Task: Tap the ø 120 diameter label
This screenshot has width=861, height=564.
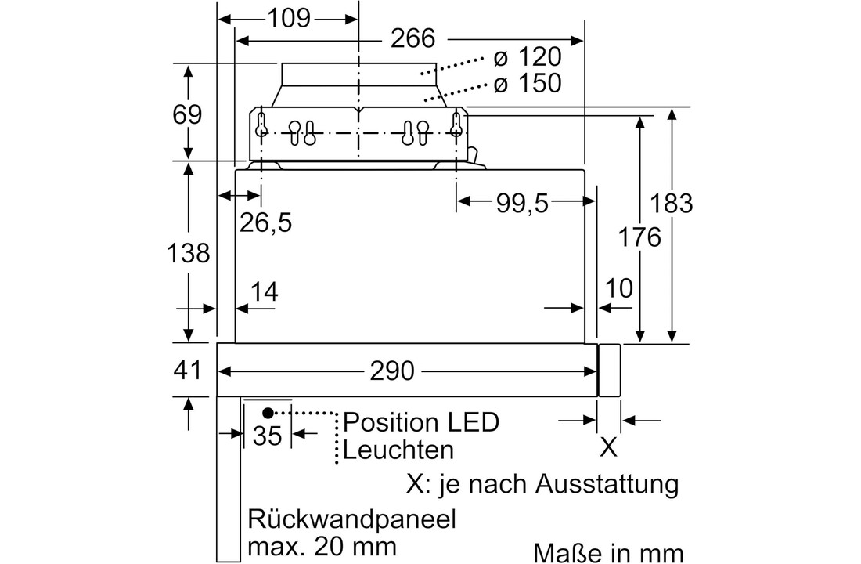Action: [x=528, y=57]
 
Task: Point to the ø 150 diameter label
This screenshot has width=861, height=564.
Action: [x=528, y=82]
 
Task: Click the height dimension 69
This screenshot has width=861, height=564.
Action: [x=187, y=114]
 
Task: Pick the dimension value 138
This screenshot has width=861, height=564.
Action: [x=188, y=253]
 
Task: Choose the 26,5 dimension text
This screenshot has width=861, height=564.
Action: [x=265, y=223]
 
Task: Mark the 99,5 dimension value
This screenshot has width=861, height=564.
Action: [x=521, y=204]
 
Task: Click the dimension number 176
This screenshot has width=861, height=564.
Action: [x=639, y=237]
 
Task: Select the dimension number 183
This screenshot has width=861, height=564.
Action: [x=672, y=204]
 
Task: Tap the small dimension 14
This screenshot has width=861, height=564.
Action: [x=265, y=291]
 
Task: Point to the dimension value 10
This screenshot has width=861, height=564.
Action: [x=618, y=289]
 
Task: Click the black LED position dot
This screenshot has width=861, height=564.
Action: [x=268, y=413]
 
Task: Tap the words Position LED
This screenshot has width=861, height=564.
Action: [x=420, y=423]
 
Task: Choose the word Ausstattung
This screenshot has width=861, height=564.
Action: [x=606, y=483]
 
